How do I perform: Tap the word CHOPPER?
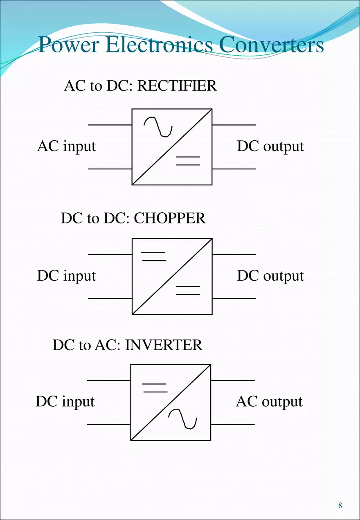(169, 218)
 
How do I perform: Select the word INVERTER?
(164, 345)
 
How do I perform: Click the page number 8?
(340, 505)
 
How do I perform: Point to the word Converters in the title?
(271, 45)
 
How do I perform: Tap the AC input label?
(66, 146)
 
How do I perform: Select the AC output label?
(269, 402)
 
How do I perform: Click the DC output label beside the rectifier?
(270, 146)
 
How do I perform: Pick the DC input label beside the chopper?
(66, 276)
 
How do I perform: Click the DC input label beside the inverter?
(65, 402)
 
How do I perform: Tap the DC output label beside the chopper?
(270, 276)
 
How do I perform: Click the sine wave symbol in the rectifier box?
(158, 127)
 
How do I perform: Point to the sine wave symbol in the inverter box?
(183, 419)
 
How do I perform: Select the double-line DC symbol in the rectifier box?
(188, 161)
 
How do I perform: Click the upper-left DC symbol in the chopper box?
(153, 257)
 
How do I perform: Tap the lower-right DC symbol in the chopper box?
(188, 290)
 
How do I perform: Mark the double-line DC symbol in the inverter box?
(155, 387)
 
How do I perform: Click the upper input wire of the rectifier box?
(110, 124)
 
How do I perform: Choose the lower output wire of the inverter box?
(232, 424)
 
